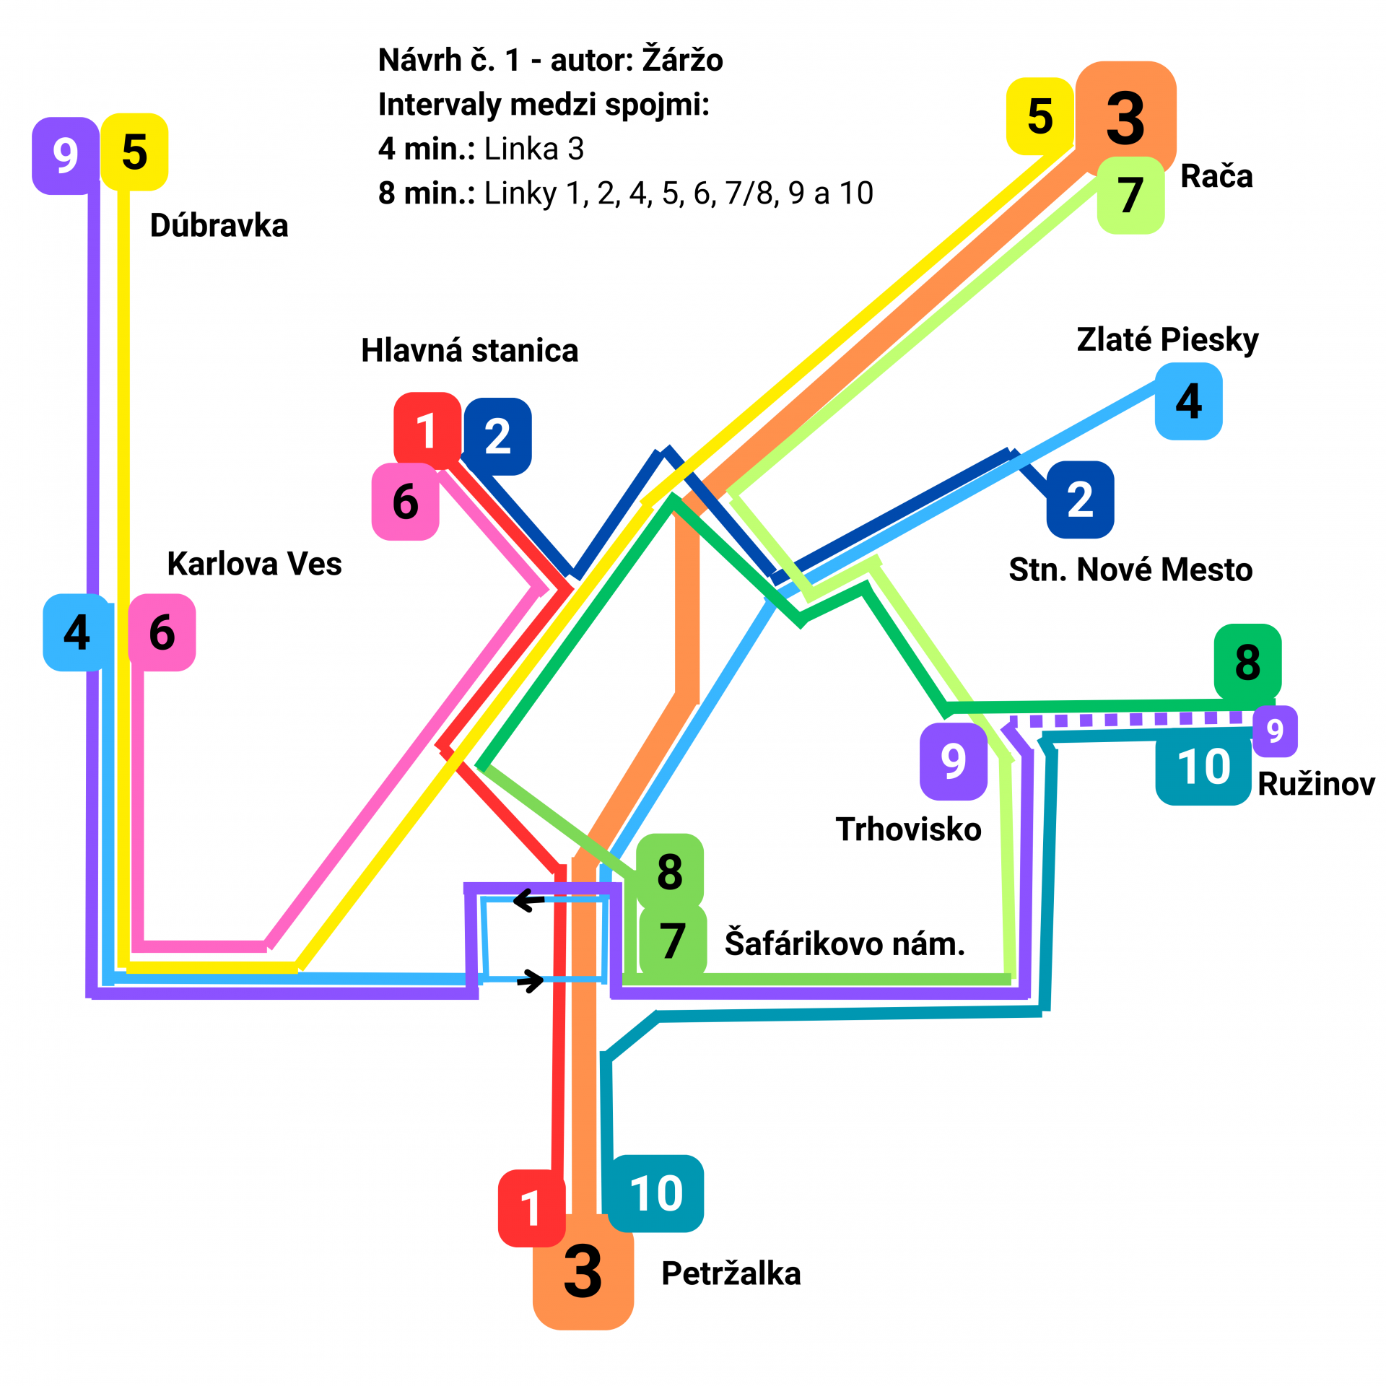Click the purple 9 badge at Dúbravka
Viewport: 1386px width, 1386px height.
(x=65, y=155)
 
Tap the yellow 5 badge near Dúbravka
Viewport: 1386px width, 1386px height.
(x=134, y=152)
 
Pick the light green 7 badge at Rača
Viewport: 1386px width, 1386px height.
(x=1130, y=195)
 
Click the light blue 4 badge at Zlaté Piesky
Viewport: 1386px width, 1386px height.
(x=1188, y=401)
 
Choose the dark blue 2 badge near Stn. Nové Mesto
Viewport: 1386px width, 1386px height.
(x=1080, y=500)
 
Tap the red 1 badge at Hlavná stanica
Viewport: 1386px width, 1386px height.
(x=427, y=430)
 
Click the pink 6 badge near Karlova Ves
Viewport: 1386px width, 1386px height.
(x=162, y=632)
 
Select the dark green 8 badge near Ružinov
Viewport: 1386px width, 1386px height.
(x=1247, y=662)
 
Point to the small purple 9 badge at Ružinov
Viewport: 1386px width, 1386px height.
(x=1275, y=731)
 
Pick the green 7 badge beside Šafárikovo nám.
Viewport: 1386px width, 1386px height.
(x=672, y=941)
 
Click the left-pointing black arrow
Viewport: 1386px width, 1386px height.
(x=528, y=900)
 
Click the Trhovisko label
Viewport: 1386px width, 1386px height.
(x=908, y=829)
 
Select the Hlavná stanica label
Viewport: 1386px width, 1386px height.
(x=469, y=351)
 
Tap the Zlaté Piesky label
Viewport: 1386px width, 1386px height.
(x=1167, y=339)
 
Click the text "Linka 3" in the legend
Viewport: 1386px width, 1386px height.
(x=533, y=149)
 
